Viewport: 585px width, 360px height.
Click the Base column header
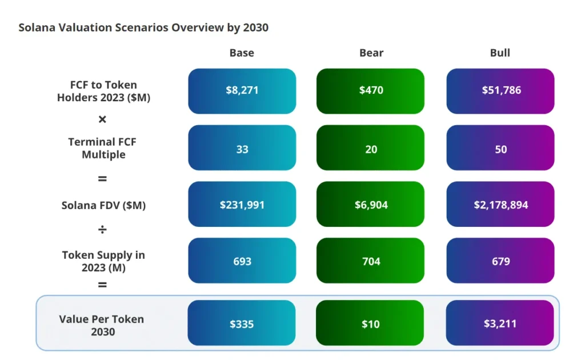pos(242,53)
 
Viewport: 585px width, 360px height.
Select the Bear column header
pos(371,53)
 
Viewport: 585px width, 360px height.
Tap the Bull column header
pos(500,53)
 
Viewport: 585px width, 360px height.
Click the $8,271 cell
pos(242,91)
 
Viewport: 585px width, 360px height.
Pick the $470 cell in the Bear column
pos(371,91)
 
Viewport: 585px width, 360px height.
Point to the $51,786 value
pos(500,91)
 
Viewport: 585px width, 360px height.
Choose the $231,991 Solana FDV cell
pos(242,205)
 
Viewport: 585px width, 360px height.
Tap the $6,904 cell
pos(371,205)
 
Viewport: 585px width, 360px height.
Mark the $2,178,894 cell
pos(500,205)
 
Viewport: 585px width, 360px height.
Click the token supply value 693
pos(242,261)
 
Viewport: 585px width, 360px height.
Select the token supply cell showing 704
pos(371,261)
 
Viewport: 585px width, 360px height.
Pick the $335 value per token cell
pos(242,324)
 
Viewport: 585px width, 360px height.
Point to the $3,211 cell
pos(500,324)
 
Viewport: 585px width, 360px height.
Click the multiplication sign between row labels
pos(102,119)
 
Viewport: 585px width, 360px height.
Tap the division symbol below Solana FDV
pos(102,230)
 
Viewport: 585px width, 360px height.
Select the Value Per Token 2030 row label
pos(102,325)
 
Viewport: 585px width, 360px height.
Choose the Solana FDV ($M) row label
pos(103,205)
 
